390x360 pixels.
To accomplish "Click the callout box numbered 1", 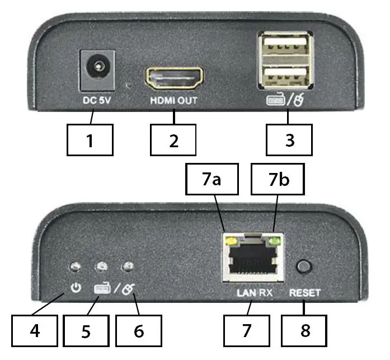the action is click(x=90, y=139).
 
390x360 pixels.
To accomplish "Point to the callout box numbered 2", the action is click(x=174, y=139).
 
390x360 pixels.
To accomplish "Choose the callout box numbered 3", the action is click(x=289, y=139).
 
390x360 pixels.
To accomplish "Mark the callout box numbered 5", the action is click(x=86, y=330).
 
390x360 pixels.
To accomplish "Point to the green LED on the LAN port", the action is click(x=274, y=242).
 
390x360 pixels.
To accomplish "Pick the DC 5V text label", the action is click(x=95, y=101).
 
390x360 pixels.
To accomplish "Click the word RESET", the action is click(x=305, y=292).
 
